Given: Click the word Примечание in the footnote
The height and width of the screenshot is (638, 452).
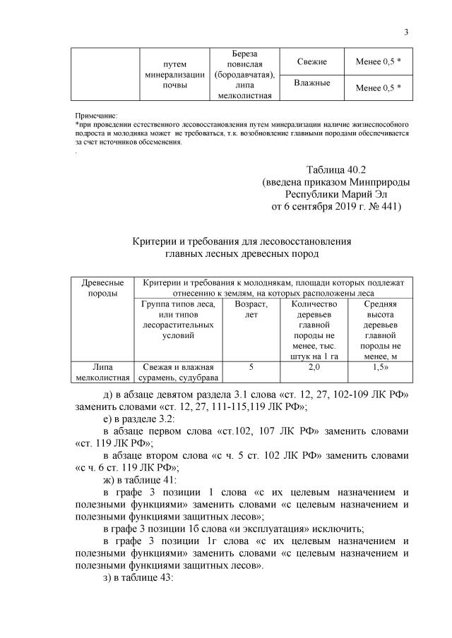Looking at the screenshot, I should [x=97, y=115].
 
